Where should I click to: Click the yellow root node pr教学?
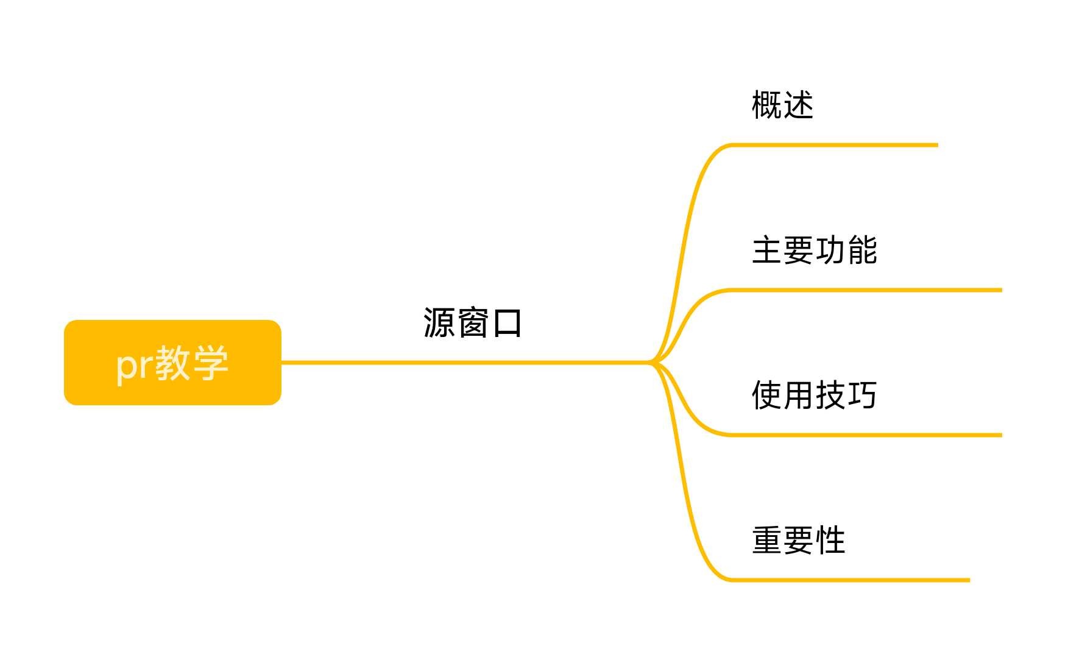pyautogui.click(x=172, y=363)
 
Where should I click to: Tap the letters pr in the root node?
pyautogui.click(x=134, y=364)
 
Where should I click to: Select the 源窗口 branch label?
pyautogui.click(x=472, y=322)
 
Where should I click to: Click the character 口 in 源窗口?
pyautogui.click(x=507, y=323)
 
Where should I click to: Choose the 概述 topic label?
pyautogui.click(x=782, y=105)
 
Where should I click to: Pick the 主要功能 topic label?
pyautogui.click(x=815, y=250)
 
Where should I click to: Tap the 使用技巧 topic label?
pyautogui.click(x=815, y=395)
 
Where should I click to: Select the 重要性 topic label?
pyautogui.click(x=799, y=540)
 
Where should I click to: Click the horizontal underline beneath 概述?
pyautogui.click(x=835, y=145)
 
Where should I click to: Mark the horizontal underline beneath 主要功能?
pyautogui.click(x=865, y=290)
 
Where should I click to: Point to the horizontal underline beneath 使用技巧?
pyautogui.click(x=865, y=435)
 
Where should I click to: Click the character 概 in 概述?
pyautogui.click(x=766, y=105)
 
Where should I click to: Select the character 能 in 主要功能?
pyautogui.click(x=862, y=250)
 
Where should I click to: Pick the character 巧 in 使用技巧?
pyautogui.click(x=862, y=395)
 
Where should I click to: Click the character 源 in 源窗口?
pyautogui.click(x=439, y=322)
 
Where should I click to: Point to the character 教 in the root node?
pyautogui.click(x=172, y=363)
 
